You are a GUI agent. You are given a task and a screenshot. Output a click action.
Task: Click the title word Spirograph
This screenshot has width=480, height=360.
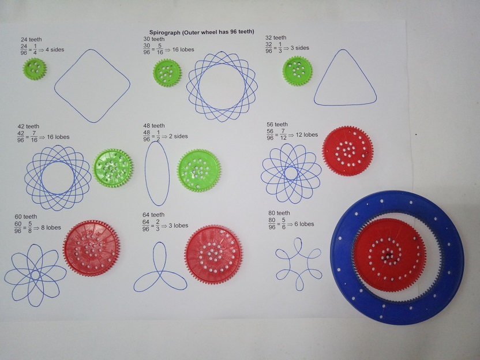click(165, 32)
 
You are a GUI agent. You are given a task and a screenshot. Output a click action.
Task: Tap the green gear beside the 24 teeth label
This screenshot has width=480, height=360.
click(35, 69)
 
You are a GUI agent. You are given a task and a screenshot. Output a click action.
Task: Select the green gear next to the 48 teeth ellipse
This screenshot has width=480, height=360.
click(199, 171)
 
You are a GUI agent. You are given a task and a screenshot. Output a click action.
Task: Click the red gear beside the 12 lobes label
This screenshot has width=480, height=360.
click(347, 151)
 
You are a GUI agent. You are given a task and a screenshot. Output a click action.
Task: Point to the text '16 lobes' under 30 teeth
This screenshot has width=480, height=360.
click(183, 49)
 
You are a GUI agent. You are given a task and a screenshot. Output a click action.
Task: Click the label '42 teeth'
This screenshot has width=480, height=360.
click(28, 126)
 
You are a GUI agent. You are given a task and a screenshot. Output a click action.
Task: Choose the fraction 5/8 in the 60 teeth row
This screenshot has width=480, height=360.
click(29, 228)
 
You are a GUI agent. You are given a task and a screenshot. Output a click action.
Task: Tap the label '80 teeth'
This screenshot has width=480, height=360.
click(279, 213)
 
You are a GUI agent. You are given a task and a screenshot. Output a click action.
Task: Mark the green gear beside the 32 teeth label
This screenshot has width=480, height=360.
click(297, 71)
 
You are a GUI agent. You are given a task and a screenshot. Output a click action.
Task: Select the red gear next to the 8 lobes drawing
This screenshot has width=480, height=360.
click(92, 248)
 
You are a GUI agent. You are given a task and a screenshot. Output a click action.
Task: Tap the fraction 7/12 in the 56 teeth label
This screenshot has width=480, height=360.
click(283, 134)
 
